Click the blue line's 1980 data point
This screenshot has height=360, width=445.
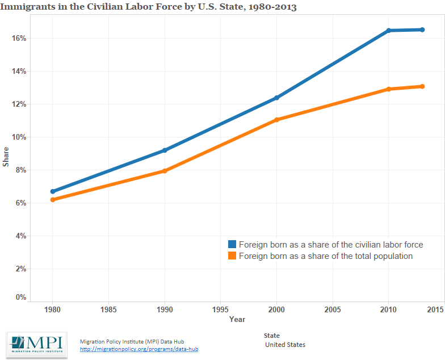tap(53, 191)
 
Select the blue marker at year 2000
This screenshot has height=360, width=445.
tap(276, 98)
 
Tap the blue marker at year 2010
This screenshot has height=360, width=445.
tap(389, 30)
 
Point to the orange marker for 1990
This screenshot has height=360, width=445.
tap(165, 171)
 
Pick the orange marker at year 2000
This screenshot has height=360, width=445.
tap(276, 120)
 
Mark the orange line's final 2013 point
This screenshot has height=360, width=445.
tap(422, 86)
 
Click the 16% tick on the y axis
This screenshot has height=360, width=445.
tap(18, 38)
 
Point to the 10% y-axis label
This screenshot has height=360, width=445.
tap(18, 137)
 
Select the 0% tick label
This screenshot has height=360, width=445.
tap(20, 297)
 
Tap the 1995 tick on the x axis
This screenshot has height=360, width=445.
tap(220, 309)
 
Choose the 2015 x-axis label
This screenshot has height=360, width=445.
tap(435, 309)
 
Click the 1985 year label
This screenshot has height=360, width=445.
tap(108, 309)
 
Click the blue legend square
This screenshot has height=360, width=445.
tap(232, 244)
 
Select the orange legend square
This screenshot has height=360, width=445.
tap(232, 256)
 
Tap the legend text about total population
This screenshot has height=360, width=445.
tap(325, 256)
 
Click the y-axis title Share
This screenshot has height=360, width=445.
tap(6, 157)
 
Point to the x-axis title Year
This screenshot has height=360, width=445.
tap(237, 319)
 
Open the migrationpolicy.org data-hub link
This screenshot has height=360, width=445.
tap(139, 349)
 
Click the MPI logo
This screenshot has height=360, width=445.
tap(37, 345)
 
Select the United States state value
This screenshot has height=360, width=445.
tap(286, 345)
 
